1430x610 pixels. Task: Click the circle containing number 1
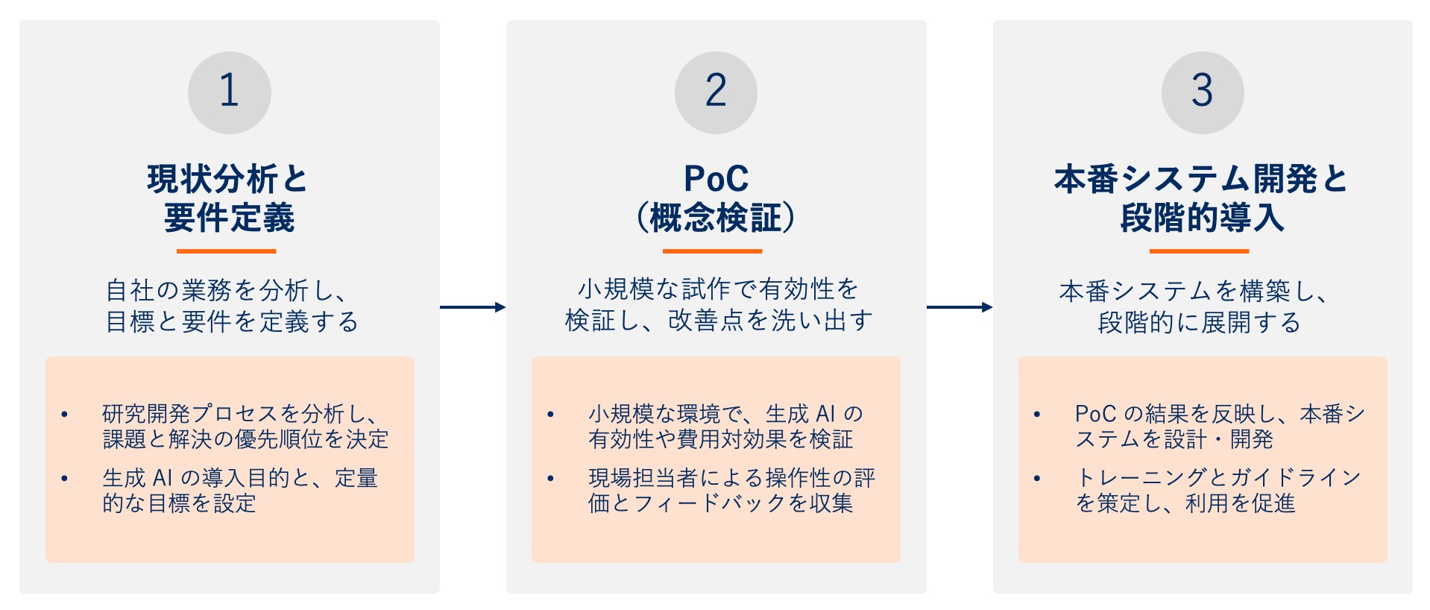(229, 92)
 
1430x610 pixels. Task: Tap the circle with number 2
(716, 92)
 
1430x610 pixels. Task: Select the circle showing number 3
(1202, 92)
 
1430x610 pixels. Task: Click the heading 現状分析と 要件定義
(228, 198)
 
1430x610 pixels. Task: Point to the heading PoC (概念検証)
(716, 198)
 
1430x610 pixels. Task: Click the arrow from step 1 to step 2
(473, 307)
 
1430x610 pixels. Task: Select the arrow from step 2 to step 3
(960, 307)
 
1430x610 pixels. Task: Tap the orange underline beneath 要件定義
(227, 251)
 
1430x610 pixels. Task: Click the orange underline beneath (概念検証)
(713, 251)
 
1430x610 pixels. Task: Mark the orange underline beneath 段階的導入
(1199, 251)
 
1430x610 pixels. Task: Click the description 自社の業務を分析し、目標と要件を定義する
(232, 306)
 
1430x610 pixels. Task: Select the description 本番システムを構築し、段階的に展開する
(1197, 306)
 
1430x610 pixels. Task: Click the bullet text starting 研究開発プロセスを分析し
(245, 427)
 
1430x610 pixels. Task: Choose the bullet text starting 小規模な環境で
(725, 427)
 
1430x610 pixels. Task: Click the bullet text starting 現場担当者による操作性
(731, 490)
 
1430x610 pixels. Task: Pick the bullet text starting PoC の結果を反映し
(1220, 427)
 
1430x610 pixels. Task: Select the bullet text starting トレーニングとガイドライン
(1218, 490)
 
